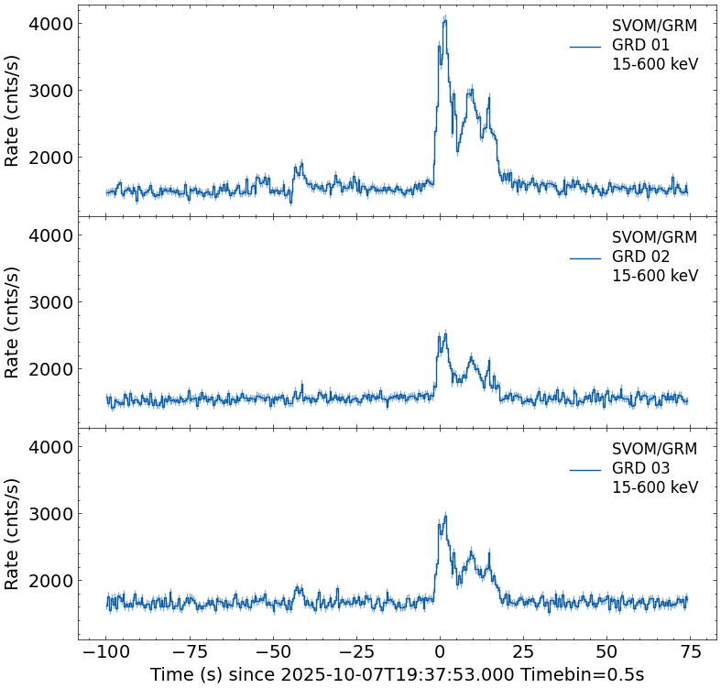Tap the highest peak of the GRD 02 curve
(444, 334)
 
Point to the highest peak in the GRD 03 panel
(445, 517)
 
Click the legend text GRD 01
(640, 45)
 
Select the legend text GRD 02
(640, 257)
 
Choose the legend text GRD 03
(640, 468)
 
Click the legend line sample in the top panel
(584, 46)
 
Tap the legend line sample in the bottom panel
(584, 469)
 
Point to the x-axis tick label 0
(440, 652)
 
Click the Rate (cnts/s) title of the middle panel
(13, 322)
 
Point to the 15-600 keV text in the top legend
(654, 65)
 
